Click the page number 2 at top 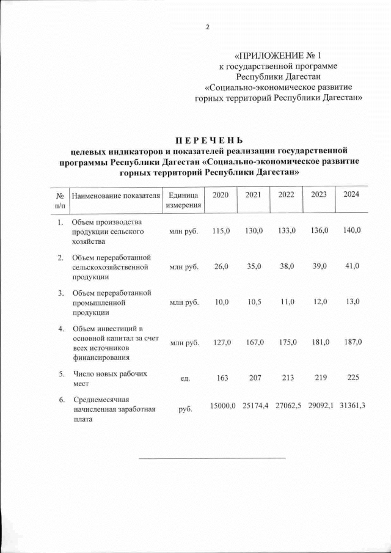tap(206, 27)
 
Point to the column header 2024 tap(351, 194)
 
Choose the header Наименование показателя tap(115, 195)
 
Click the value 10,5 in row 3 tap(254, 302)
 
